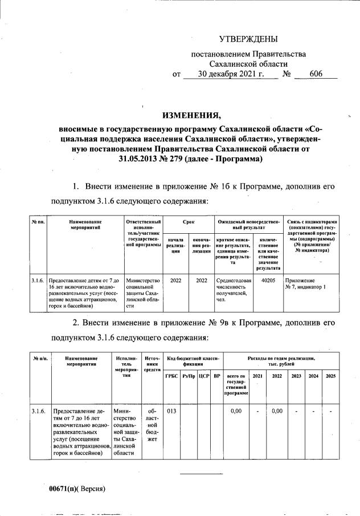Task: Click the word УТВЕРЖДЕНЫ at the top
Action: coord(248,39)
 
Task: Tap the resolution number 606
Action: coord(316,74)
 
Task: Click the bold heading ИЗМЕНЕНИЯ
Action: coord(191,116)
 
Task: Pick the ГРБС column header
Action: coord(171,377)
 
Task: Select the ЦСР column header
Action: coord(203,377)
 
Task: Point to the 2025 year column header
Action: coord(331,377)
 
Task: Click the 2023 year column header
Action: coord(296,377)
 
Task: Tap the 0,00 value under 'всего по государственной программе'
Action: coord(235,411)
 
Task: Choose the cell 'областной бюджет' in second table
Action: coord(150,425)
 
